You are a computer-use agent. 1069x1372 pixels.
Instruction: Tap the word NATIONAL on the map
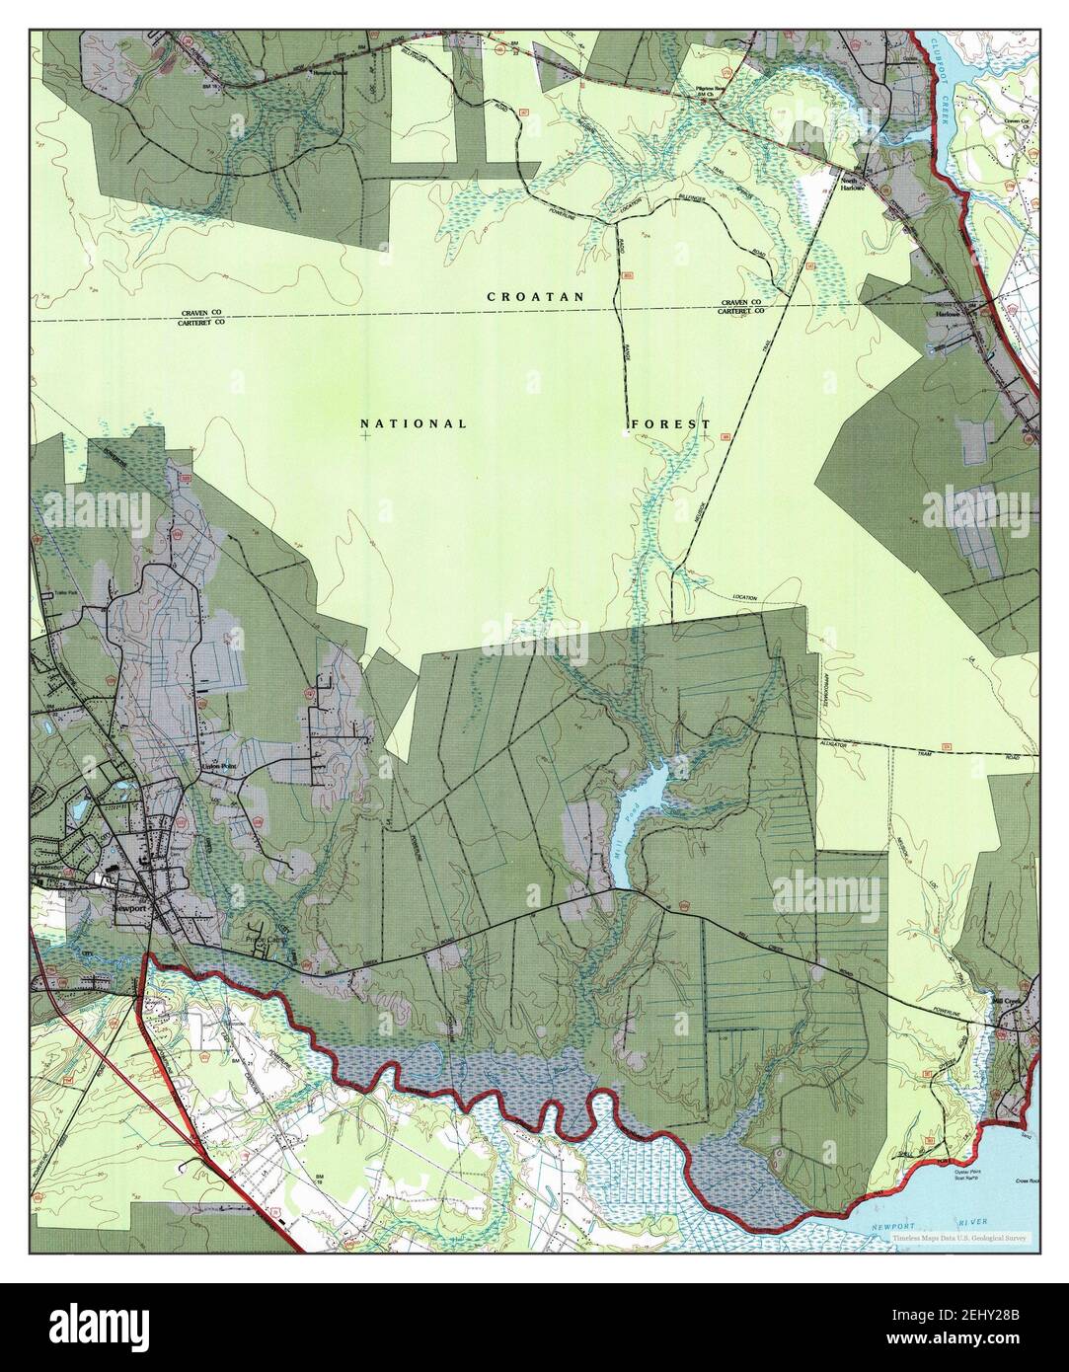click(x=414, y=423)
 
